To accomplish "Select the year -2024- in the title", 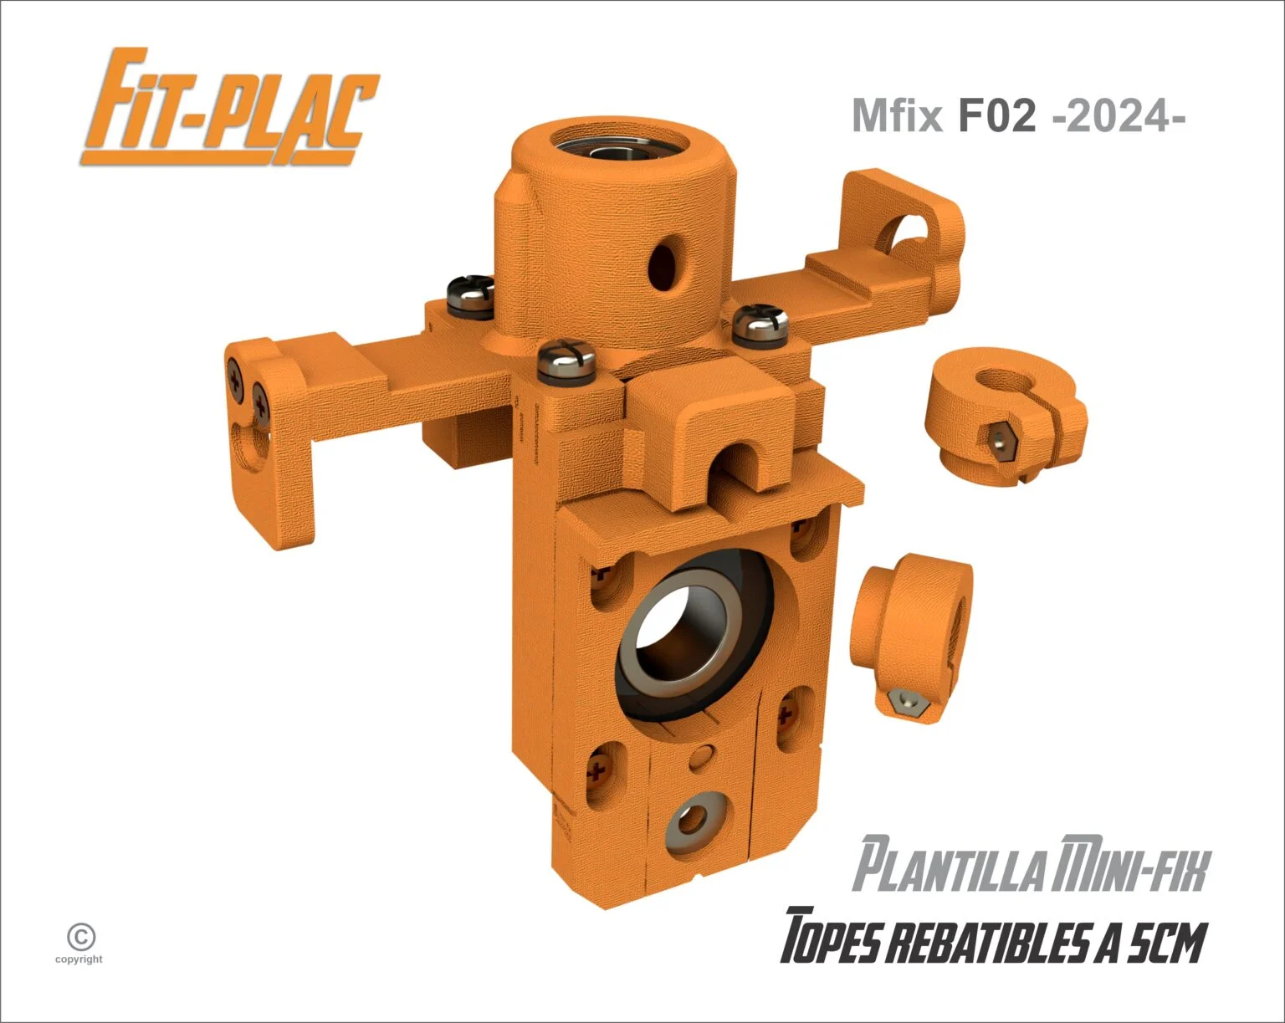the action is point(1118,116).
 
